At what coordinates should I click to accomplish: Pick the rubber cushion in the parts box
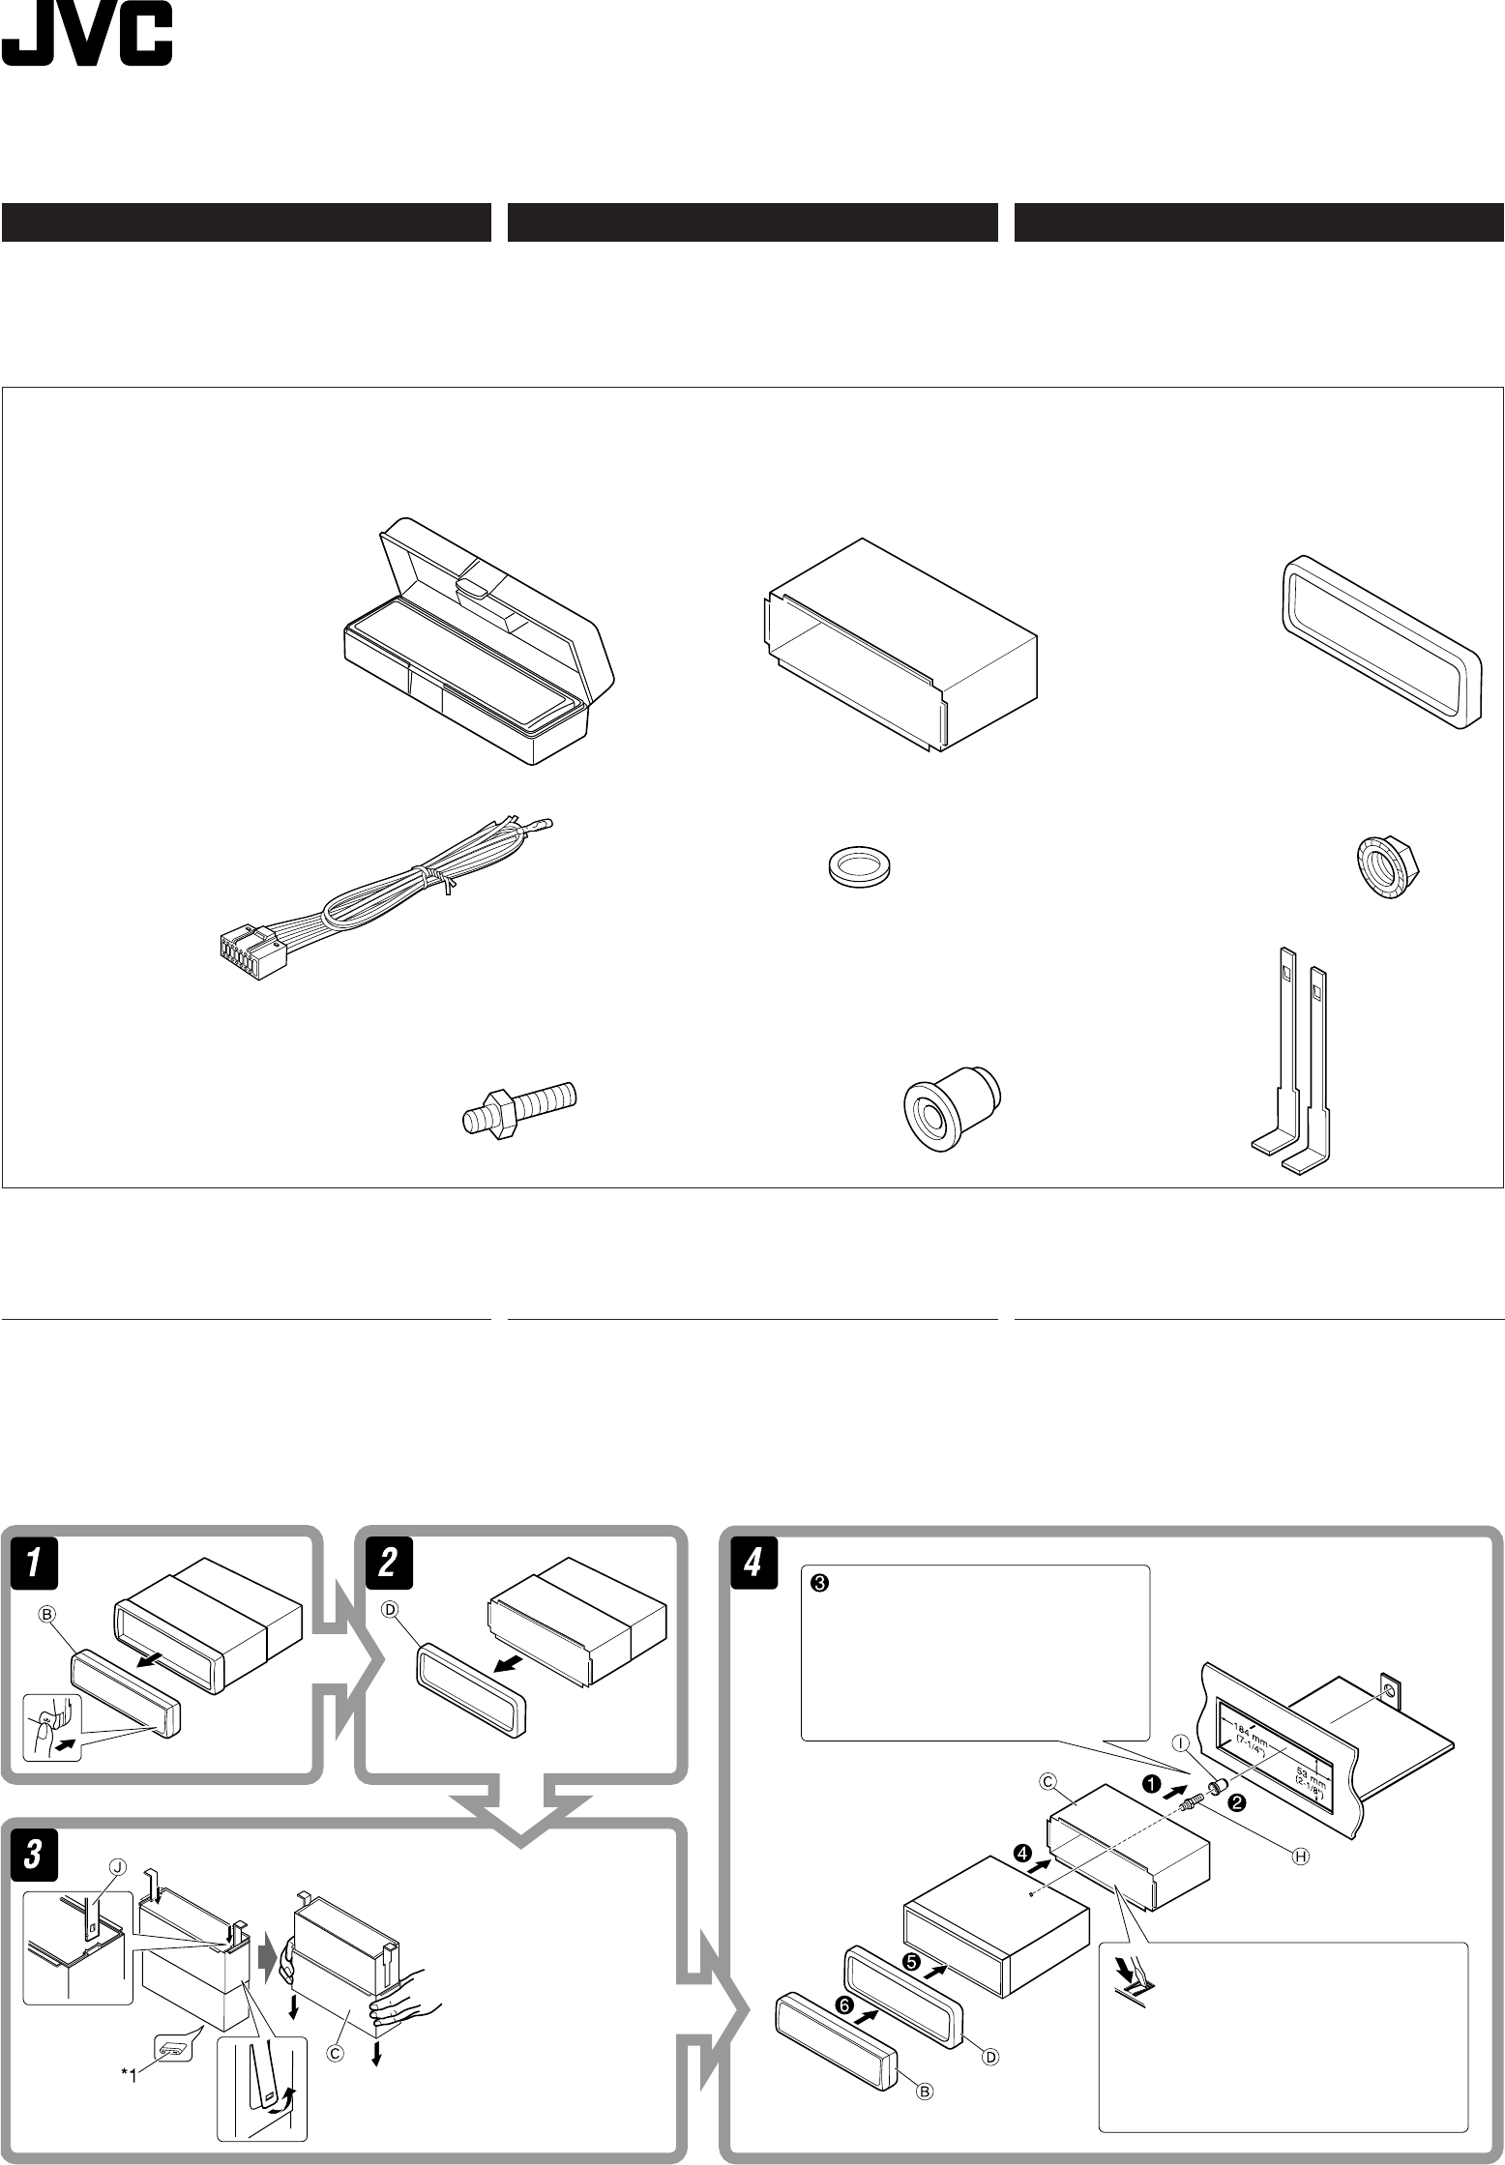pyautogui.click(x=951, y=1108)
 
